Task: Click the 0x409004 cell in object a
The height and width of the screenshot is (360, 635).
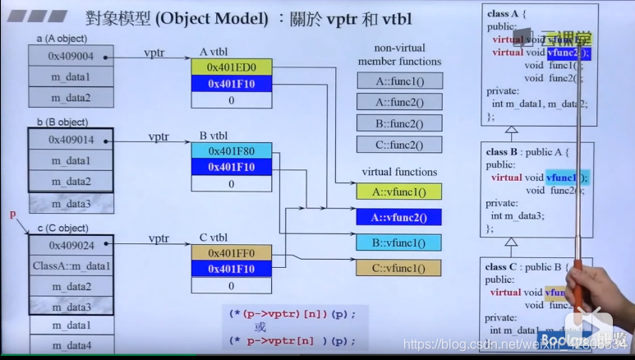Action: (71, 57)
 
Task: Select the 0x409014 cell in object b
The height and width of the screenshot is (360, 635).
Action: (71, 140)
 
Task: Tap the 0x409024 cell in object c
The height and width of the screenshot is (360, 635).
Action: (71, 245)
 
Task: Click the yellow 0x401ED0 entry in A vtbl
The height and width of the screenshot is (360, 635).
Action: (231, 67)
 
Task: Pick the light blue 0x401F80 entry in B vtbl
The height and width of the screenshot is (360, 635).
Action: (231, 150)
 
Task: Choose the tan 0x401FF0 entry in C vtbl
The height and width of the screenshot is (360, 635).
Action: (231, 252)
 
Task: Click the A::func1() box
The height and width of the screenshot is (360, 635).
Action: (399, 81)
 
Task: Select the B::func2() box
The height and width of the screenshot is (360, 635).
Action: (399, 123)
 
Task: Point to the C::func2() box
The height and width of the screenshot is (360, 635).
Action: (399, 145)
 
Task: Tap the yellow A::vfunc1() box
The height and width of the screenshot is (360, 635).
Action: (399, 192)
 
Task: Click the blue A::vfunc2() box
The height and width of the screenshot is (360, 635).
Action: (399, 217)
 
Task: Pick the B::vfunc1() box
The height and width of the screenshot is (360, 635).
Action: (399, 242)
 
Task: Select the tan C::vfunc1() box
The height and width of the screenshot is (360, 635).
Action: (399, 268)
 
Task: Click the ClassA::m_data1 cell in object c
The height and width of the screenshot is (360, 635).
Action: (71, 266)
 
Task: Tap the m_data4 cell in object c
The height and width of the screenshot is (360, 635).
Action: (71, 346)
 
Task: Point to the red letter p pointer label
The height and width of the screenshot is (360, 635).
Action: (12, 215)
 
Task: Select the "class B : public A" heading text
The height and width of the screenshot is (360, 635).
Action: (527, 152)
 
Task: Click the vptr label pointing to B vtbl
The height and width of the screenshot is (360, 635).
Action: (159, 136)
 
